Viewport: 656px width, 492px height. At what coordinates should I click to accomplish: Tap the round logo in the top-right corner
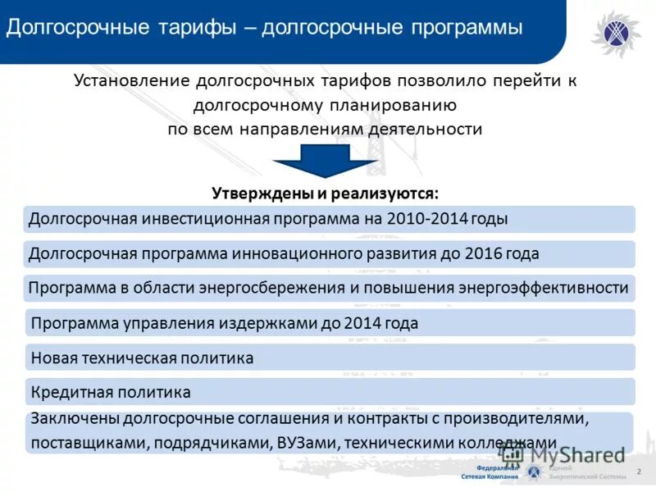click(x=617, y=33)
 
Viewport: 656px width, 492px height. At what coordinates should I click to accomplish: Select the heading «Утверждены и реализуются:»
click(x=326, y=194)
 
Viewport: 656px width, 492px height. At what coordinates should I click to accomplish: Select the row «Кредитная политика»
click(x=111, y=392)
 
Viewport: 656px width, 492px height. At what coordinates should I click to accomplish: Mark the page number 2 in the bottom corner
click(x=639, y=471)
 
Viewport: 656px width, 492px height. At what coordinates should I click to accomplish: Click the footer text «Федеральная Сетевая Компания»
click(x=495, y=471)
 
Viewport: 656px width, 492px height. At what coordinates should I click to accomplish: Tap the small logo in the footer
click(x=535, y=471)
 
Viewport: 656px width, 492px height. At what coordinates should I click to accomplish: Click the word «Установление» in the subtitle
click(x=131, y=81)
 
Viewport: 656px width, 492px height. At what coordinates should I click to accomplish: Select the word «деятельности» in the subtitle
click(x=430, y=129)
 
